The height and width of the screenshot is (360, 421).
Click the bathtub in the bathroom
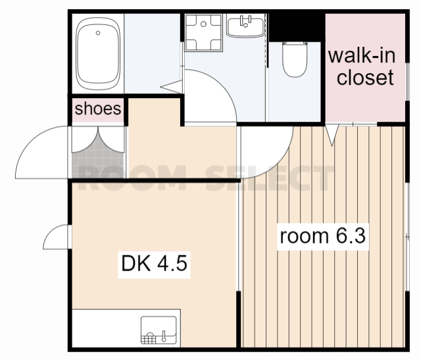98,53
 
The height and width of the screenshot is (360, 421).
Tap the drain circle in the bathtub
98,33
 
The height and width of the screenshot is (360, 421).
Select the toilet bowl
295,59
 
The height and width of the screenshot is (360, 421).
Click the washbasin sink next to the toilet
245,26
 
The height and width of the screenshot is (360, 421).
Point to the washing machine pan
203,32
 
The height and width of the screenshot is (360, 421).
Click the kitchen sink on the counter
159,330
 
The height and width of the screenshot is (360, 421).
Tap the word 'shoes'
98,109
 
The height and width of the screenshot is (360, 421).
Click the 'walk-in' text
362,55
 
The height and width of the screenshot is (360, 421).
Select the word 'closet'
365,78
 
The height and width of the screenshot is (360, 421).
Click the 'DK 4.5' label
154,263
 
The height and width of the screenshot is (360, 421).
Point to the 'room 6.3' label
323,236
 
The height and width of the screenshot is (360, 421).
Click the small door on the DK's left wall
56,237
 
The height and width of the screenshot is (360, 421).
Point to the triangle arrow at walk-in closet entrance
332,136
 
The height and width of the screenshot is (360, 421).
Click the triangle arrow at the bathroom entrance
172,87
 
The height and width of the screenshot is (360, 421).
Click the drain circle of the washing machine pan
203,24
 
